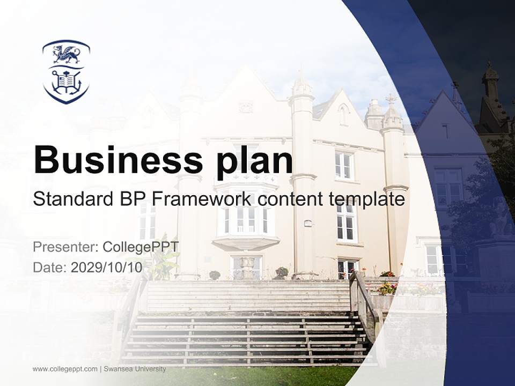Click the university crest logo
click(66, 71)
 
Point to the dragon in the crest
click(65, 54)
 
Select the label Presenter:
click(64, 247)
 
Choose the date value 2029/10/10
click(106, 268)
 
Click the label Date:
click(50, 268)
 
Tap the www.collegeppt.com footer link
click(65, 369)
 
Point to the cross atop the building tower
click(392, 99)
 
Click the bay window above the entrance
click(246, 214)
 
